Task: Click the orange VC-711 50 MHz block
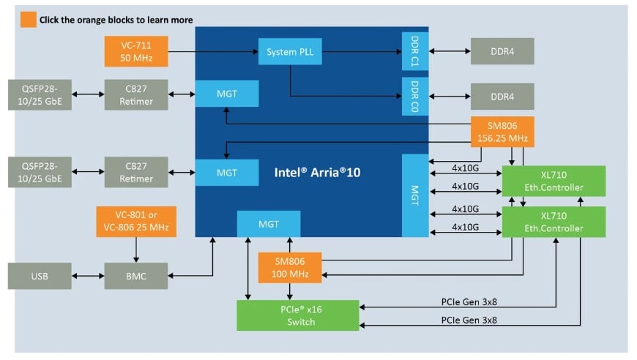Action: [137, 51]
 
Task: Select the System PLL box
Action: [290, 51]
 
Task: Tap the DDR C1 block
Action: [414, 51]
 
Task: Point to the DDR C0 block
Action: [414, 96]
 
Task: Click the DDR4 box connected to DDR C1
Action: [502, 51]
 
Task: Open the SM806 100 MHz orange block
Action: [290, 268]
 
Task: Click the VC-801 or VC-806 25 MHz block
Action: [137, 221]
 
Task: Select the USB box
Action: [40, 276]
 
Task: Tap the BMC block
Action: [137, 276]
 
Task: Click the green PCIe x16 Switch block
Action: [297, 315]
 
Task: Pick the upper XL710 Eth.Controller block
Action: [554, 181]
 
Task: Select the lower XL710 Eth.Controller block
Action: [554, 222]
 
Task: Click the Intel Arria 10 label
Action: [318, 173]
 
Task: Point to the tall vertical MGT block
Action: [414, 195]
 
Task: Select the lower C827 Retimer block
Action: [137, 173]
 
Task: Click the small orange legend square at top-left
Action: [27, 20]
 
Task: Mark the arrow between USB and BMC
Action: [88, 276]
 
